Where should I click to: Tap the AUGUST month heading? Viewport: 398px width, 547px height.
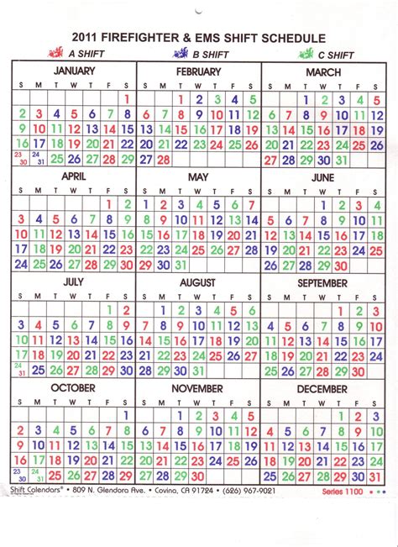198,283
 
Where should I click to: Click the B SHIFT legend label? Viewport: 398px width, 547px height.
211,54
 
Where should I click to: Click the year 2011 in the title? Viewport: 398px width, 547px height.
89,37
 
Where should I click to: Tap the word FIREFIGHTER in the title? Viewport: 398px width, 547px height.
154,37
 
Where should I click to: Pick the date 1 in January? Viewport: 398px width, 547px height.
127,98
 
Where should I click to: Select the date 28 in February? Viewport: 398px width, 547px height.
163,159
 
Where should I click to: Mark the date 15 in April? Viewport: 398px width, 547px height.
109,234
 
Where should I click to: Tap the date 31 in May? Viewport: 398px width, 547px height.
181,264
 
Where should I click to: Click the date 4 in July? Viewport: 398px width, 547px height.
38,324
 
